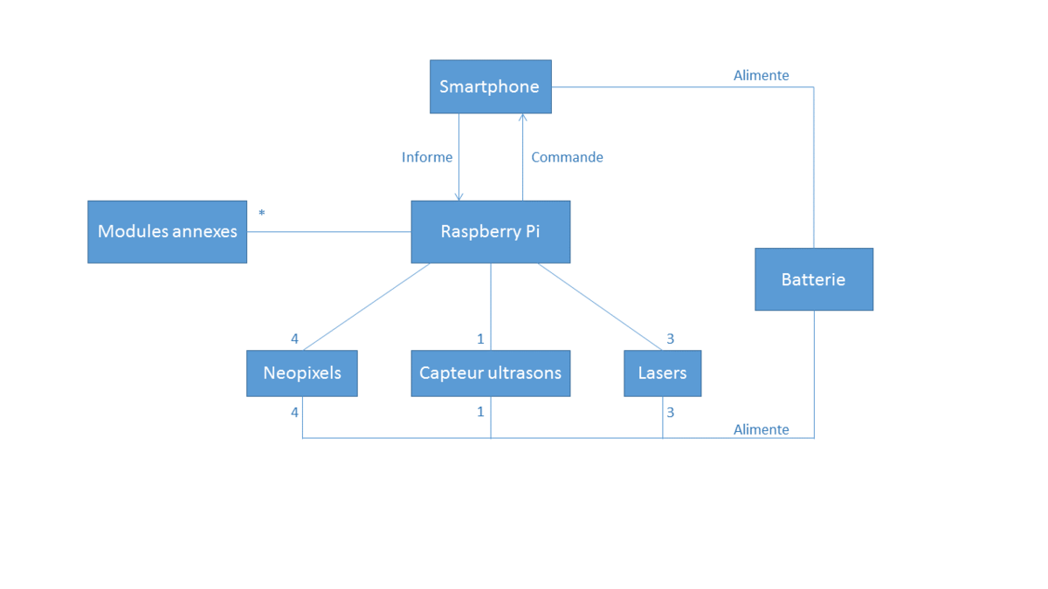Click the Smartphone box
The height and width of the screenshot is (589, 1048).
pos(490,86)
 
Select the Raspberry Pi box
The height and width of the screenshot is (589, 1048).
pos(490,231)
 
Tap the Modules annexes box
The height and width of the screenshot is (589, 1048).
pos(167,231)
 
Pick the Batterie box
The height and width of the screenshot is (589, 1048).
pos(813,279)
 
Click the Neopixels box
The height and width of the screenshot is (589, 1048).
pos(301,373)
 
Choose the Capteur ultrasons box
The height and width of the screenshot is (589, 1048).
pos(490,373)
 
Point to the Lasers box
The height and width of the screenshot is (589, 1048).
pos(662,373)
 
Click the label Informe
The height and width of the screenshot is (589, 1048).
pos(427,157)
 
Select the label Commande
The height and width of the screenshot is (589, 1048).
pos(567,157)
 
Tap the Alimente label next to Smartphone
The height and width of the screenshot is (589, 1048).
pos(761,76)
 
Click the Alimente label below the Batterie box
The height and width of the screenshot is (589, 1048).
pos(761,429)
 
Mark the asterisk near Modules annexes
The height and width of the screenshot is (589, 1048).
pos(261,213)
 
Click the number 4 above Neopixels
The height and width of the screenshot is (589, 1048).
pos(294,339)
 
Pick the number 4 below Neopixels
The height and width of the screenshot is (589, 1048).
pos(294,412)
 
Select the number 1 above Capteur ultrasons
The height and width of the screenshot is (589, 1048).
pos(480,339)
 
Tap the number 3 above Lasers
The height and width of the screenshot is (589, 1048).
pos(670,339)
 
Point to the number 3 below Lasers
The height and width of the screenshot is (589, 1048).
pos(670,412)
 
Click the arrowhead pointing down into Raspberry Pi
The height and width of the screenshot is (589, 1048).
pos(459,196)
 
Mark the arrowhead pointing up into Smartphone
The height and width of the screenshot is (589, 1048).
pos(522,118)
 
